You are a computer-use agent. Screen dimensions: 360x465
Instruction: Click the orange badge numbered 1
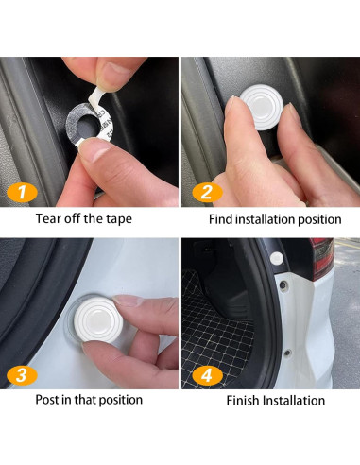coord(22,192)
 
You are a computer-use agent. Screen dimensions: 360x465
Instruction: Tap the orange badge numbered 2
coord(207,192)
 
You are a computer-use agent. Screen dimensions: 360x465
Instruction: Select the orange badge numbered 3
coord(22,375)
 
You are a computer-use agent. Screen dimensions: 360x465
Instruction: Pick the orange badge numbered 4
coord(207,375)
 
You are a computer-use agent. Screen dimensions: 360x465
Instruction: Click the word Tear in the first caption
coord(48,218)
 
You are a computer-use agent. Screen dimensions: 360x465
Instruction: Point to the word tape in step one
coord(118,219)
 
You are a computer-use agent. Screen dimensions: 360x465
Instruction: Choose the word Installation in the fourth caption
coord(294,401)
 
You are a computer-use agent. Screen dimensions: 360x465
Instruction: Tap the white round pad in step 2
coord(262,107)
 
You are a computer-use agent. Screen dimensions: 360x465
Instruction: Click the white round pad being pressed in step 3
coord(97,319)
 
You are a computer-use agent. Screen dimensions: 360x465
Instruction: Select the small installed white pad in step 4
coord(277,258)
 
